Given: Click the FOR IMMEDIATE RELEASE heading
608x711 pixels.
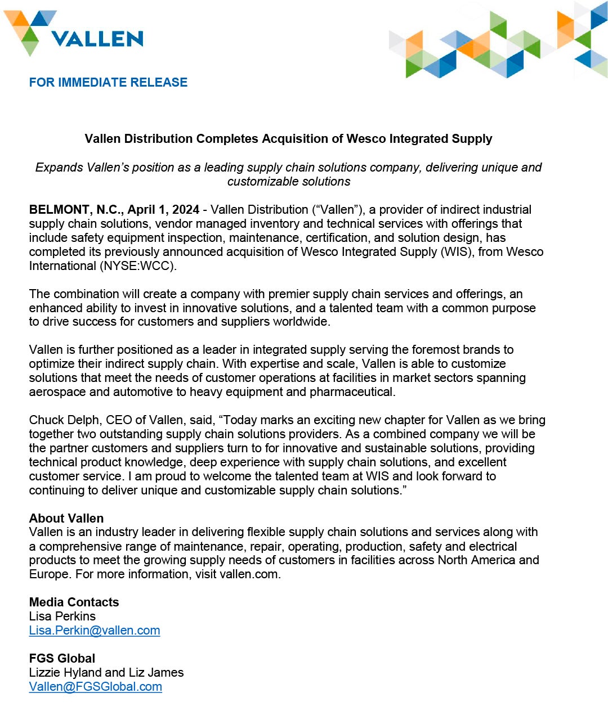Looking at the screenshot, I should click(108, 83).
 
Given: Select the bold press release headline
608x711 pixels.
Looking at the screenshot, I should click(288, 139).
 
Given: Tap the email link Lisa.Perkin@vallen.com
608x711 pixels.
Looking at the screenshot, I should click(95, 631).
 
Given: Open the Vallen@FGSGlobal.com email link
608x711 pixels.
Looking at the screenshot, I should click(96, 687).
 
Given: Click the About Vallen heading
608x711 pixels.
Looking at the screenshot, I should click(66, 519).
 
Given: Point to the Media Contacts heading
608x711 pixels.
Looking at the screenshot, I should click(74, 602).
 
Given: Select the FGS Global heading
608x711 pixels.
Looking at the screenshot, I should click(62, 659).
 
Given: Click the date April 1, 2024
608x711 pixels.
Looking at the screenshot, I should click(163, 210).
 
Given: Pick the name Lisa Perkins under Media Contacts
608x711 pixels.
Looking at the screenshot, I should click(62, 616).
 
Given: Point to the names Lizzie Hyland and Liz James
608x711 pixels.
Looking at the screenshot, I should click(106, 673).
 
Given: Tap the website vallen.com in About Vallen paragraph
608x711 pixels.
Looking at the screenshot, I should click(249, 574).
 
